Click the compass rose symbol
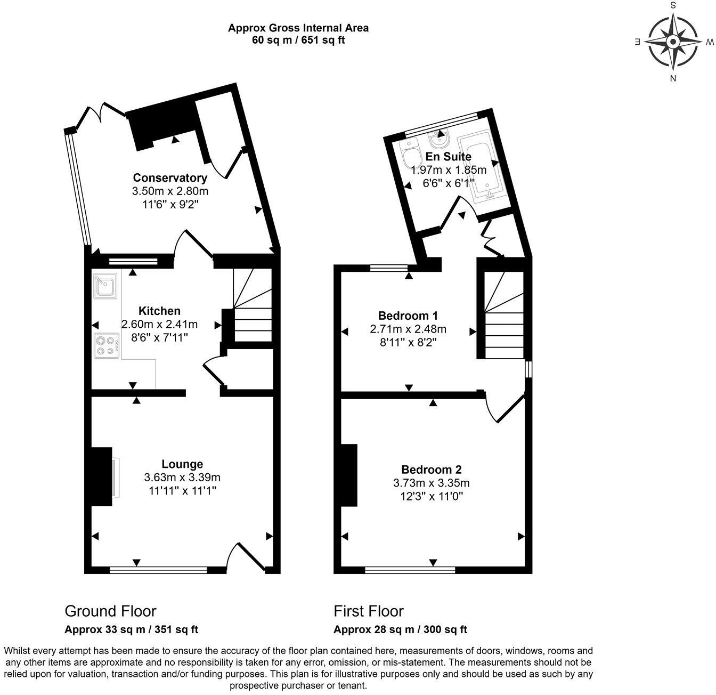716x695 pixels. [673, 42]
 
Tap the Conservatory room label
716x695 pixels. [169, 177]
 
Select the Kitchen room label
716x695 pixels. [159, 311]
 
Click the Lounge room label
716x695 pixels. [182, 464]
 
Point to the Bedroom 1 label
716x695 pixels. [408, 315]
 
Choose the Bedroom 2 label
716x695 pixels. [431, 470]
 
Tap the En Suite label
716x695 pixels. [448, 157]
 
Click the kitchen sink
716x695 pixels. [106, 286]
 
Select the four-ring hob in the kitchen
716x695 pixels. [106, 344]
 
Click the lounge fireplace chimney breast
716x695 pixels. [101, 476]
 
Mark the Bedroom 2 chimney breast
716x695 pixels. [349, 475]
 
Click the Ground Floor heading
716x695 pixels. [110, 611]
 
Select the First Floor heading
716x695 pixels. [369, 611]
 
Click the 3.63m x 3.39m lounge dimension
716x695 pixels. [182, 478]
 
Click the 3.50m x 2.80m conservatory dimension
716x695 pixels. [169, 191]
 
